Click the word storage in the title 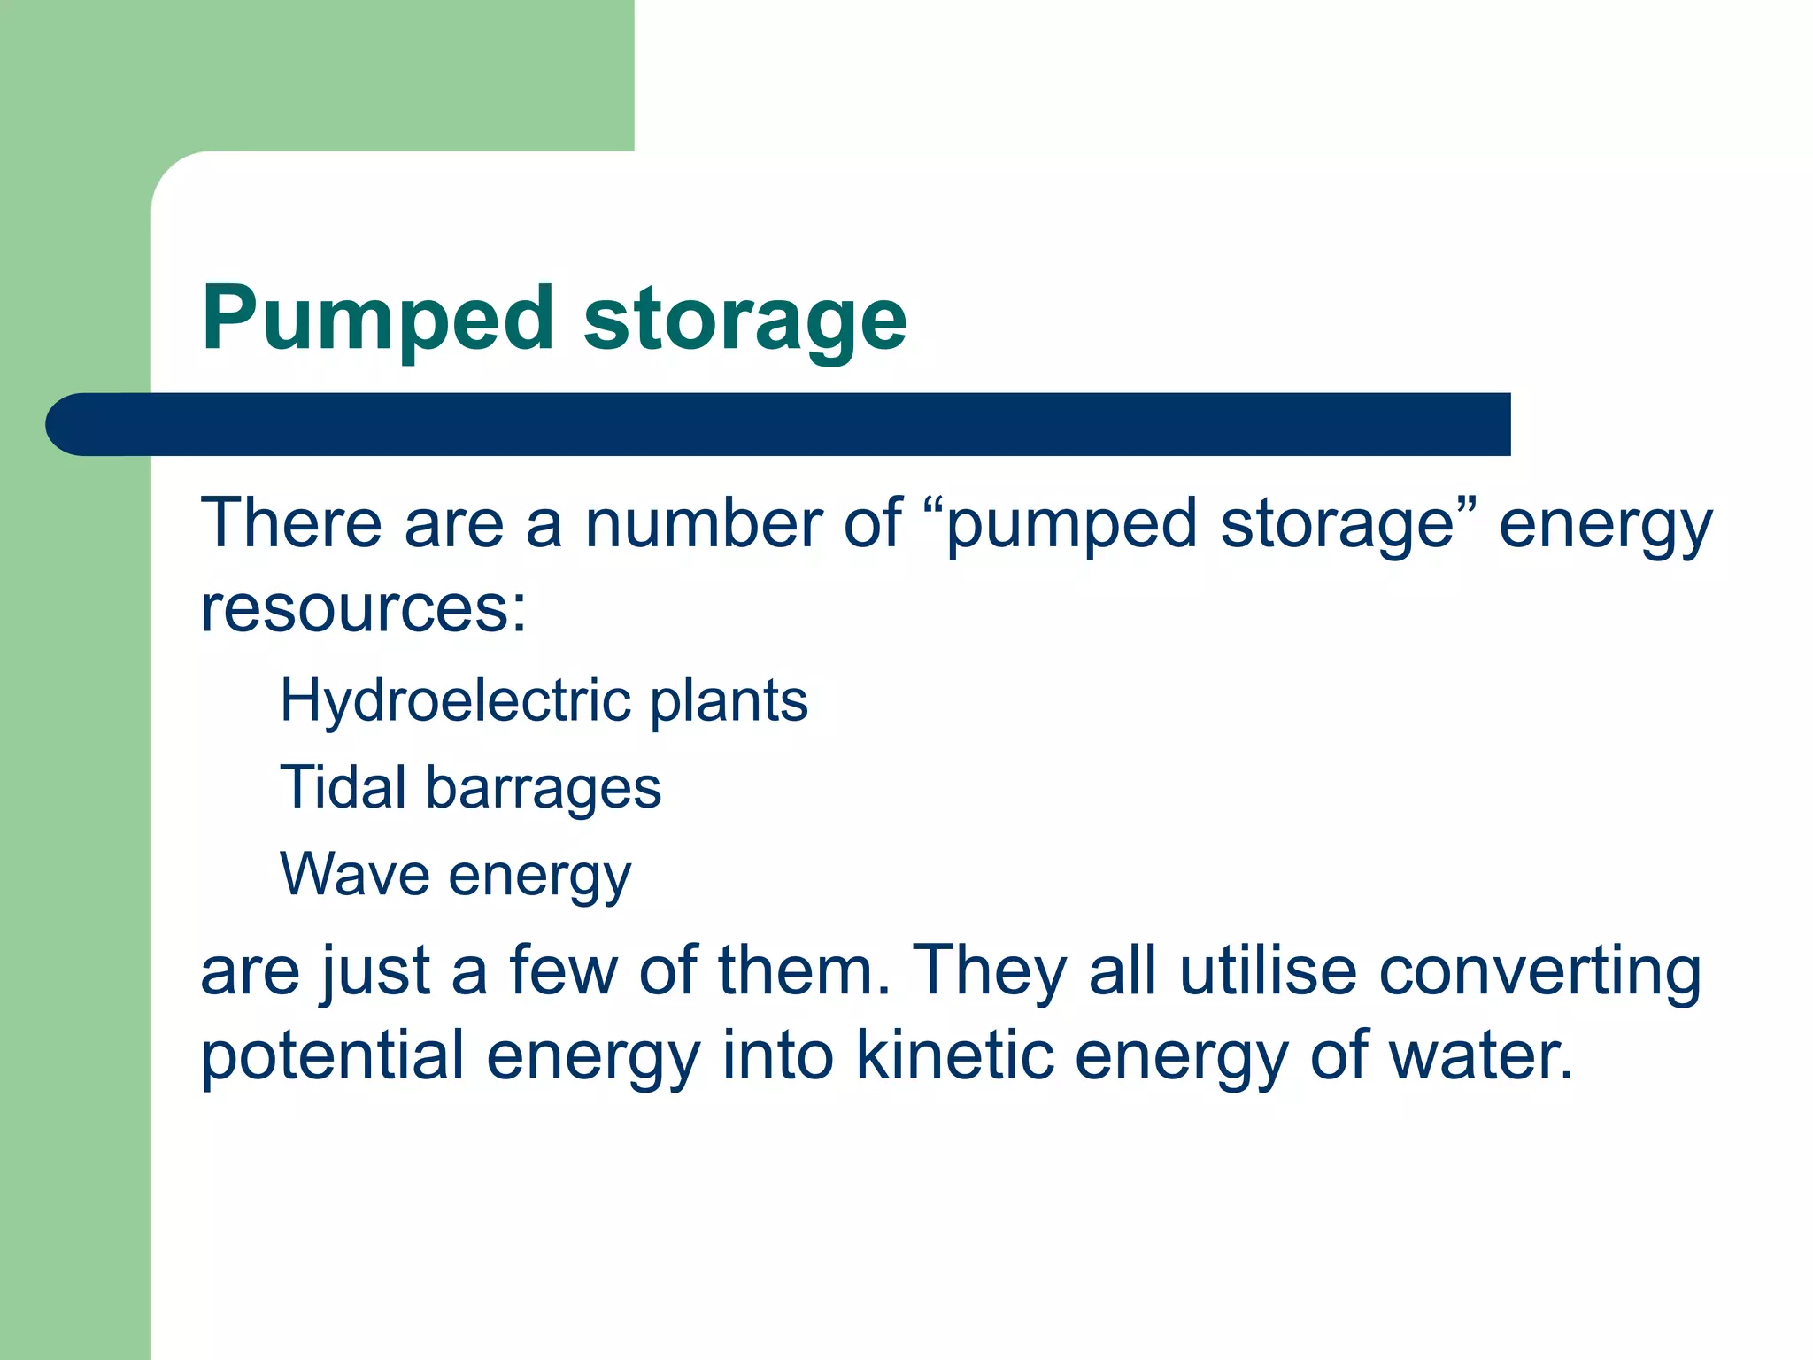click(x=744, y=321)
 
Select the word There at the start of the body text click(x=291, y=522)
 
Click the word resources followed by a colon click(x=363, y=609)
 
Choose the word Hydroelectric click(x=455, y=700)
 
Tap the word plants click(x=729, y=700)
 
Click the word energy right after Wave click(x=540, y=877)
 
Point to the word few click(x=563, y=970)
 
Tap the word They click(x=989, y=970)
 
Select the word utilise click(x=1268, y=970)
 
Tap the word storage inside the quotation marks click(x=1335, y=524)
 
